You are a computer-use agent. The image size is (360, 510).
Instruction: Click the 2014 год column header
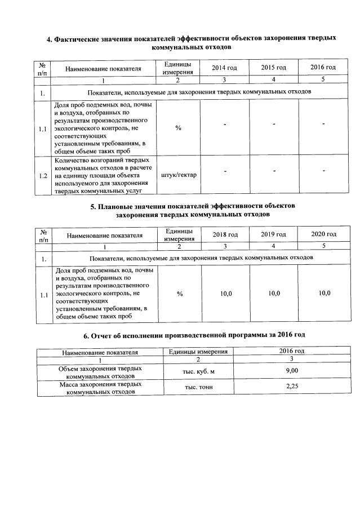[224, 68]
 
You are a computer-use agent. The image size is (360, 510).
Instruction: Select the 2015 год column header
[273, 68]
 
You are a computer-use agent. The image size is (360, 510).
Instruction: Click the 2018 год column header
[225, 234]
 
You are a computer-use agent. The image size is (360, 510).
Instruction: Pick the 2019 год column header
[274, 234]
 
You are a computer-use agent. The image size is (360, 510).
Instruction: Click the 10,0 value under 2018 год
[225, 294]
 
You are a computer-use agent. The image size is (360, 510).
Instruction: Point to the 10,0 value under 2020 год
[323, 294]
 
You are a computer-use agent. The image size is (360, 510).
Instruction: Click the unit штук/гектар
[179, 175]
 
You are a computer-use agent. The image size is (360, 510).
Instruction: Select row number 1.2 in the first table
[43, 175]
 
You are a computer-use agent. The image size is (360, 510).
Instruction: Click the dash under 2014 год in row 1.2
[225, 170]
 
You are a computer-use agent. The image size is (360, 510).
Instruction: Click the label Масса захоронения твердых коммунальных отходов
[100, 388]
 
